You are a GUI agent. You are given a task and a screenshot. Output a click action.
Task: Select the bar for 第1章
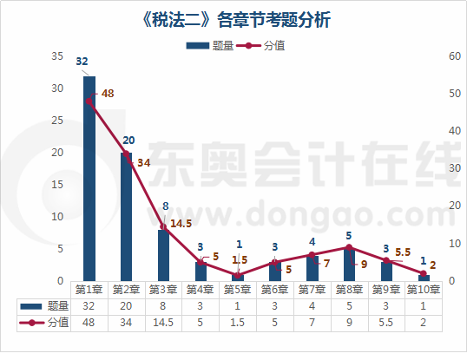tap(89, 178)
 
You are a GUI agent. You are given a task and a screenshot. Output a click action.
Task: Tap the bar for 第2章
tap(127, 217)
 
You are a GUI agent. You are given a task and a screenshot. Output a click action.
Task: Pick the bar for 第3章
tap(164, 255)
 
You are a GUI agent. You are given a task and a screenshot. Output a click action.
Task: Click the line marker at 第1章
tap(89, 101)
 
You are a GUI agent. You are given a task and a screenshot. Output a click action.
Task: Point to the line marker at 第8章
tap(349, 247)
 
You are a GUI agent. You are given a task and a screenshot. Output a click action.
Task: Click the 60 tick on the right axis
tap(452, 56)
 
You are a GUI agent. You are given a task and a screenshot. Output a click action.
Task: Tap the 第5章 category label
tap(238, 289)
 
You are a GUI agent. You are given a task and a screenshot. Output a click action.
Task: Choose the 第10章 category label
tap(424, 289)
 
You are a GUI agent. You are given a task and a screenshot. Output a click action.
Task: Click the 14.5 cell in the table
tap(164, 322)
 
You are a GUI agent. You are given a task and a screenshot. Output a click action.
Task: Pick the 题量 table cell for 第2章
tap(127, 305)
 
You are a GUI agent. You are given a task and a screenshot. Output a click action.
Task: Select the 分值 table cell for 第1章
tap(89, 322)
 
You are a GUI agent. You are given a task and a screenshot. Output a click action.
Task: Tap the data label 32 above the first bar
tap(82, 62)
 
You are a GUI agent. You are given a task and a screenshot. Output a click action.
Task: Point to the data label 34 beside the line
tap(143, 162)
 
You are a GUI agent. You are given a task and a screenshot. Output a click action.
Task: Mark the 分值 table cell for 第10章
tap(424, 322)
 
